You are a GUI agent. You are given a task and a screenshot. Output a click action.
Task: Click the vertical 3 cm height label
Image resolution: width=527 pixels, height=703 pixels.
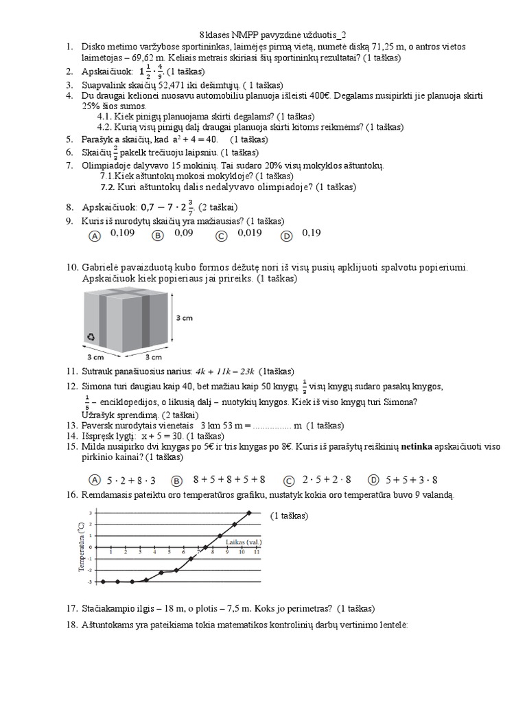pos(184,319)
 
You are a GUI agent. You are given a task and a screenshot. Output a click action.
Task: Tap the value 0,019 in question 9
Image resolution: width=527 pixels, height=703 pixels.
pos(250,233)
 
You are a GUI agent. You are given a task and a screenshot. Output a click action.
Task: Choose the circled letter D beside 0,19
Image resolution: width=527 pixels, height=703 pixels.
pos(287,235)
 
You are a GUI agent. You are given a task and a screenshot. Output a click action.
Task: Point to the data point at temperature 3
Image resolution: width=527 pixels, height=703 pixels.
pos(249,512)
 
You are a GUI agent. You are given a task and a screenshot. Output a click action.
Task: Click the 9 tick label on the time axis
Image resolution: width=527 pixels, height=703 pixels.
pos(226,552)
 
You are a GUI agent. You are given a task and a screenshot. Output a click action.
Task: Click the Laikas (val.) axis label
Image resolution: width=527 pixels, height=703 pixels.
pos(243,542)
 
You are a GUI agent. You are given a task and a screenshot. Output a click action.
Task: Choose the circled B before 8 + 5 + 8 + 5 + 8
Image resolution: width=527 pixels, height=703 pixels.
pos(176,480)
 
